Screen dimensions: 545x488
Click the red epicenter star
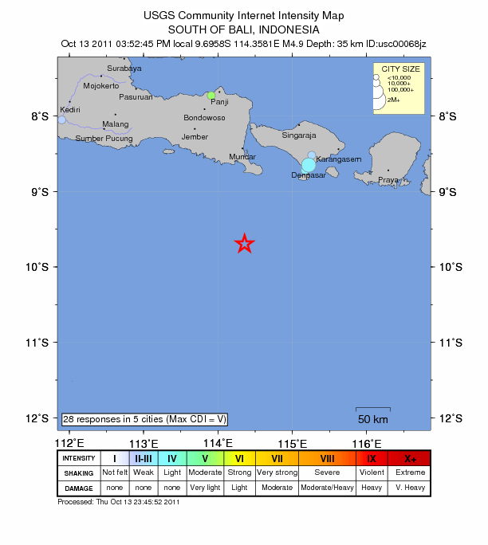point(245,244)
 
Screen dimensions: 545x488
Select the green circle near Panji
point(211,96)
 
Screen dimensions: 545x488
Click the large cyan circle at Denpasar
point(309,164)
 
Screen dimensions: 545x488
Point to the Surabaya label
point(124,69)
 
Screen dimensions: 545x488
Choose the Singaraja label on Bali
point(299,135)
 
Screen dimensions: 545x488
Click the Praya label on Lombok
point(388,180)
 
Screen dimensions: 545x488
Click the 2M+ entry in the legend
point(393,100)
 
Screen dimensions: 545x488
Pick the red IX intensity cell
point(372,458)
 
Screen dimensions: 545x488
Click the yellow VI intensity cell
point(239,458)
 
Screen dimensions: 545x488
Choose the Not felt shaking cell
point(115,472)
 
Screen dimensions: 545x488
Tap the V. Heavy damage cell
point(411,486)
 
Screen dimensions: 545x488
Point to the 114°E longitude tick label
point(218,443)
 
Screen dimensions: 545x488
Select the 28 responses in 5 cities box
point(145,418)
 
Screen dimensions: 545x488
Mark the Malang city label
point(116,124)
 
